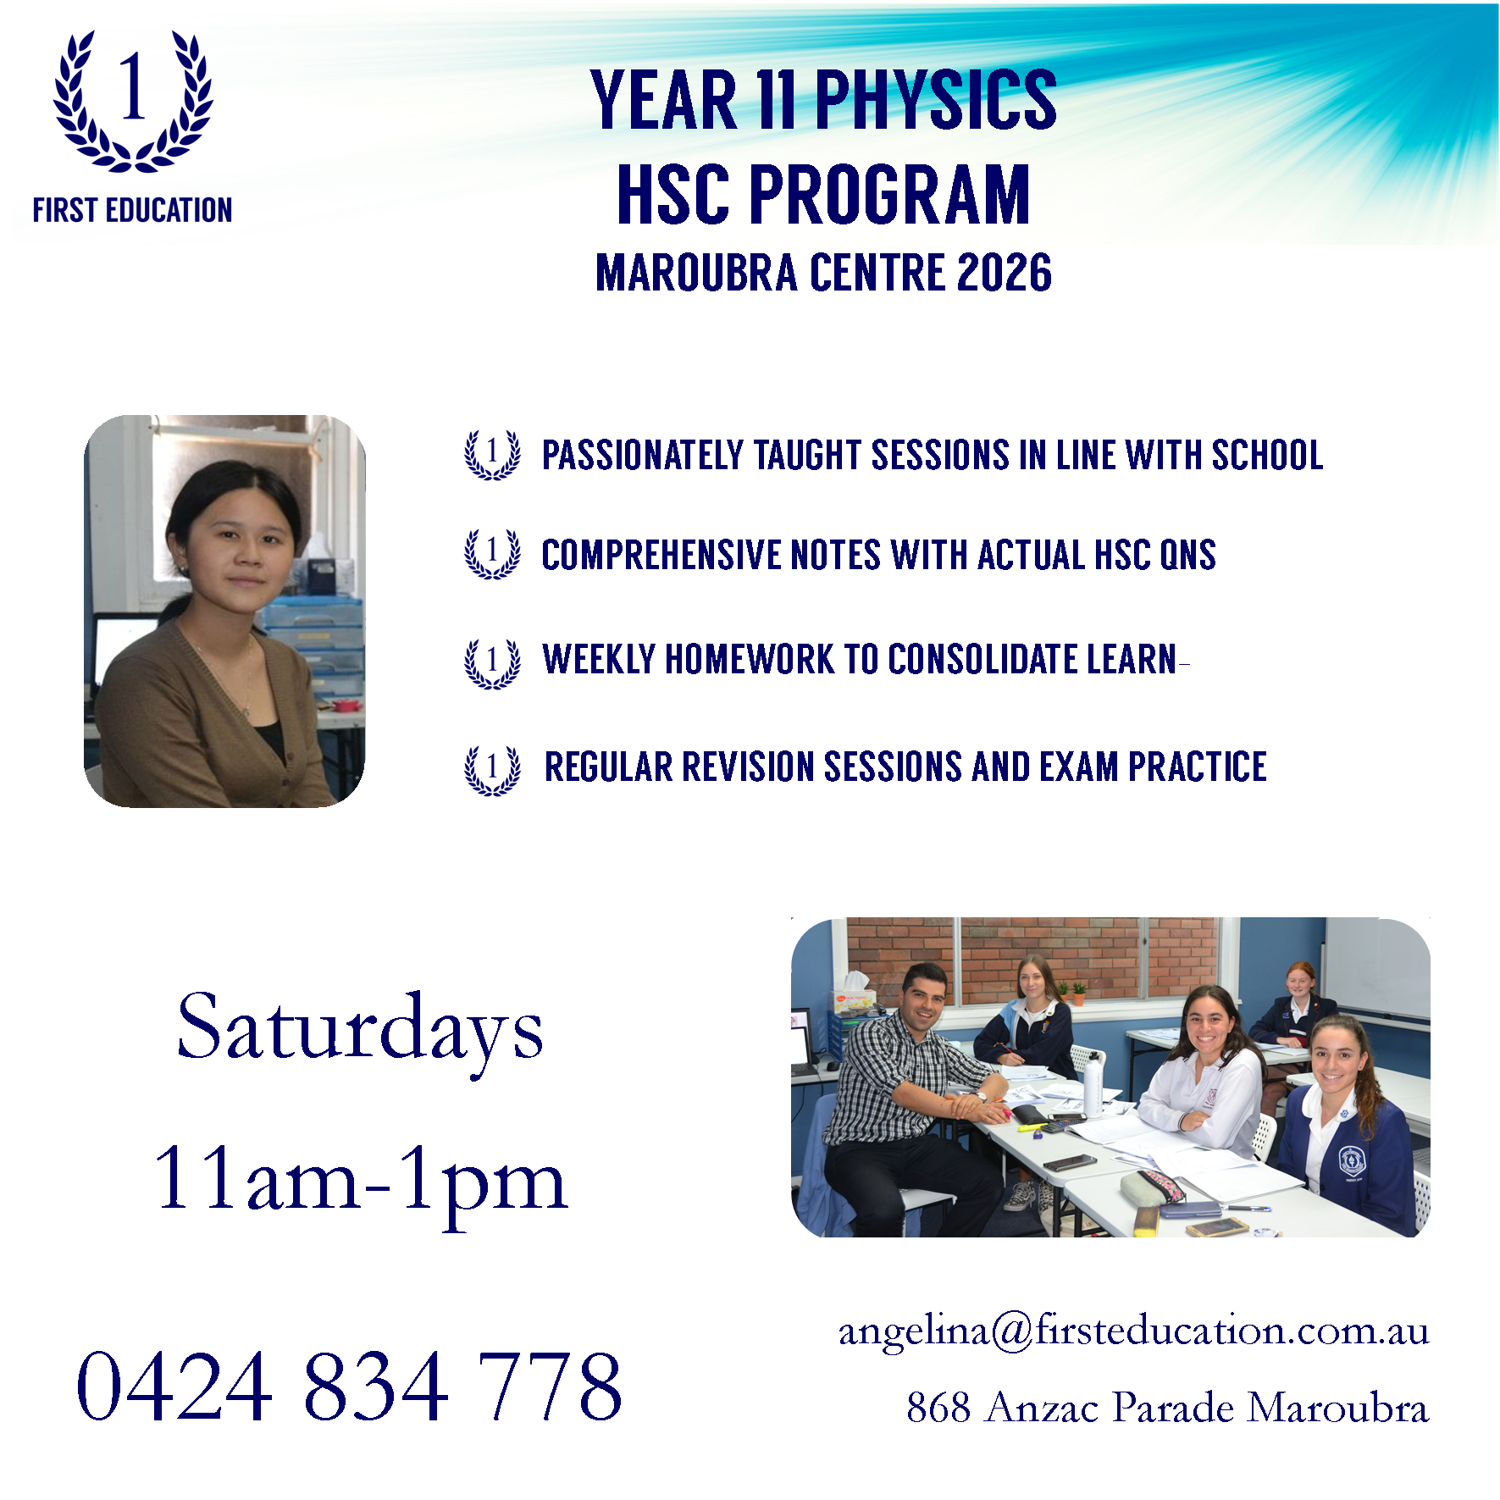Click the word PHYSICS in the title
tap(936, 100)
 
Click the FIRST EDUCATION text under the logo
tap(132, 210)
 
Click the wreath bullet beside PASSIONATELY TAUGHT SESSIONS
tap(492, 455)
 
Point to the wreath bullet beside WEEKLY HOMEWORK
tap(492, 663)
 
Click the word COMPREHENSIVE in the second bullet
tap(658, 556)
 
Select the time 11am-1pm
tap(360, 1181)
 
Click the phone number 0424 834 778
tap(349, 1387)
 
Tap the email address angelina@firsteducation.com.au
tap(1133, 1331)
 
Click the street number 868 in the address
tap(938, 1408)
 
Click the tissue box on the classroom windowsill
tap(854, 993)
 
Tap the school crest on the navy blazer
tap(1350, 1161)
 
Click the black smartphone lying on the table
tap(1069, 1163)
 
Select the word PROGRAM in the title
tap(888, 195)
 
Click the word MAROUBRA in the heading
tap(696, 273)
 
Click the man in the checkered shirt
tap(911, 1101)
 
